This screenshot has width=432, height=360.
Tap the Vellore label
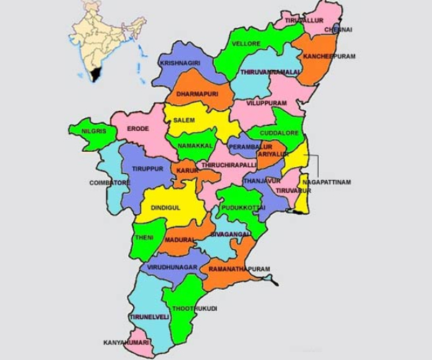pos(246,44)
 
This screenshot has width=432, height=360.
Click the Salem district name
pos(184,120)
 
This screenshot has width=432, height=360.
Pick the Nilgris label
pos(94,131)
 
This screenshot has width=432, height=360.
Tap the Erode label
pos(138,128)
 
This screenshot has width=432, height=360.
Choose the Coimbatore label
pos(109,183)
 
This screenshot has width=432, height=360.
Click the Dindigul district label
pos(166,207)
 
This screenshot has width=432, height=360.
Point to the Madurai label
pos(180,239)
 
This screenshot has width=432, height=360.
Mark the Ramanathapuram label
pos(239,269)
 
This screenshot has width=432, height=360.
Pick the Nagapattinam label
pos(327,183)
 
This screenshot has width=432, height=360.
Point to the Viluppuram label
pos(266,104)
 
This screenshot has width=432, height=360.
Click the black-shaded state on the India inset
pos(94,74)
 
